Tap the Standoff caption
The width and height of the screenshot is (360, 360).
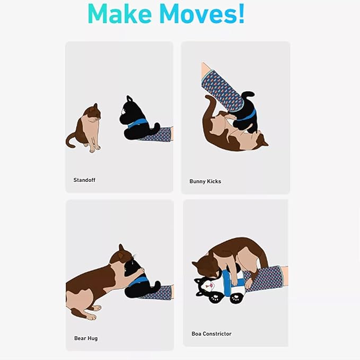coord(84,180)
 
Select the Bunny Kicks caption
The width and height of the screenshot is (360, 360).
coord(205,181)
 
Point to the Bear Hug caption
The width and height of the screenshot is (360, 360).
coord(86,338)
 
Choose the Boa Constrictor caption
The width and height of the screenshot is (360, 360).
coord(212,334)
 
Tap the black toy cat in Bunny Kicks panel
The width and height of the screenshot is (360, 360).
coord(247,111)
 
